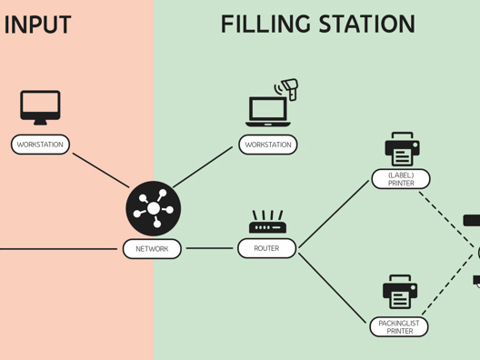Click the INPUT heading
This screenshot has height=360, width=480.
[x=37, y=25]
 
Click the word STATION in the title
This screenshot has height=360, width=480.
[x=370, y=25]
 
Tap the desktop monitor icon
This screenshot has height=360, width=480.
[x=40, y=107]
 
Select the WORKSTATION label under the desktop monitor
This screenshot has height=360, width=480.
[x=40, y=145]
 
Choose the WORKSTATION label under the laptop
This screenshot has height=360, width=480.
[x=268, y=145]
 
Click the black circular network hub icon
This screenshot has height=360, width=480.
[x=153, y=209]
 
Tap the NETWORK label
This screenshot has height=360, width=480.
[x=152, y=248]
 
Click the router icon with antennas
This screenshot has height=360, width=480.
[x=267, y=223]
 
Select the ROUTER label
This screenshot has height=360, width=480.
[x=266, y=248]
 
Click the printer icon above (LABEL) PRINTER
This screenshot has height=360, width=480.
[x=401, y=149]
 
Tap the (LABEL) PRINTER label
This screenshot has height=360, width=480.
[x=401, y=179]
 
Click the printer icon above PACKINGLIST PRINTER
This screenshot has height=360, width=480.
[x=399, y=293]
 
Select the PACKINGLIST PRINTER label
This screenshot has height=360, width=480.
[x=399, y=326]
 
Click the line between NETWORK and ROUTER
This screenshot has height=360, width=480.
[x=209, y=248]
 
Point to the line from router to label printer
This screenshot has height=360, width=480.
[x=335, y=215]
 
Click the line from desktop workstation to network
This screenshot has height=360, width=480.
[x=100, y=170]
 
